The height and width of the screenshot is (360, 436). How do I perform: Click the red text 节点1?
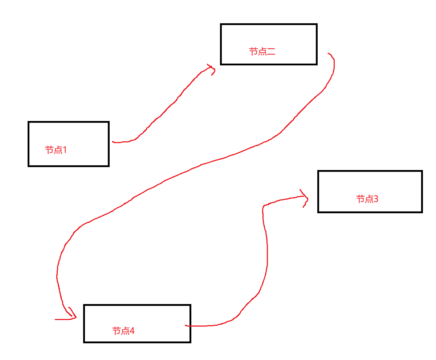(56, 150)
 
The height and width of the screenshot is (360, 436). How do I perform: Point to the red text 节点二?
(262, 52)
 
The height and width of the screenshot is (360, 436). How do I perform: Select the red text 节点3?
(367, 199)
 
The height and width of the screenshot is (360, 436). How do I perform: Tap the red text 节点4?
(123, 331)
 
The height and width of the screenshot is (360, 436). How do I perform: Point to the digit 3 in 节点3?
(376, 199)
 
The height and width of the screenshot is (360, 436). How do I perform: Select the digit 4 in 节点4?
(132, 331)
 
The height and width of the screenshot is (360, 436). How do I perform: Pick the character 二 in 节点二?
(271, 52)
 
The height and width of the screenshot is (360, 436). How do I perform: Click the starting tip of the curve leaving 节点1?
(113, 142)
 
